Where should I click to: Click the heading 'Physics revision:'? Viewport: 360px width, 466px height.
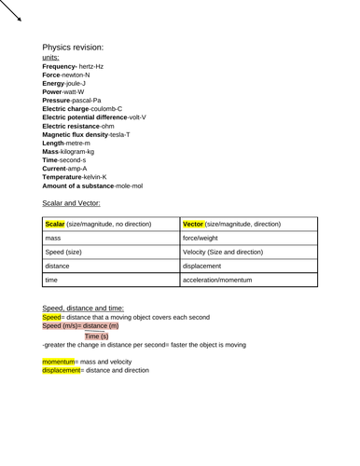tap(73, 47)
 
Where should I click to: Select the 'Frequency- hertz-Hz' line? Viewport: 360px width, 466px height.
tap(73, 67)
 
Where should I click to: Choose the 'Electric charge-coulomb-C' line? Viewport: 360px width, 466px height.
tap(82, 109)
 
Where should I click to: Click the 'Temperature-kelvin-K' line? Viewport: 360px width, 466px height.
tap(75, 176)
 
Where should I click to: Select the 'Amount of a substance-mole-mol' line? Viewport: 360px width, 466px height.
tap(92, 185)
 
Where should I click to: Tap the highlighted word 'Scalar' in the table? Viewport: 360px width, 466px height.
tap(55, 225)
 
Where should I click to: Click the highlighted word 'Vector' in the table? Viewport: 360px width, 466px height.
tap(193, 225)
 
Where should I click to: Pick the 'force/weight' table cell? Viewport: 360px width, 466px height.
tap(203, 239)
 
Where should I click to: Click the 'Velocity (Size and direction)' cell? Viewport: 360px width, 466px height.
tap(223, 253)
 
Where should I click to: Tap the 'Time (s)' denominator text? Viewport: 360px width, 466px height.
tap(96, 335)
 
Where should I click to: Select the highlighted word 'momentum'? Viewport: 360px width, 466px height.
tap(61, 361)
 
